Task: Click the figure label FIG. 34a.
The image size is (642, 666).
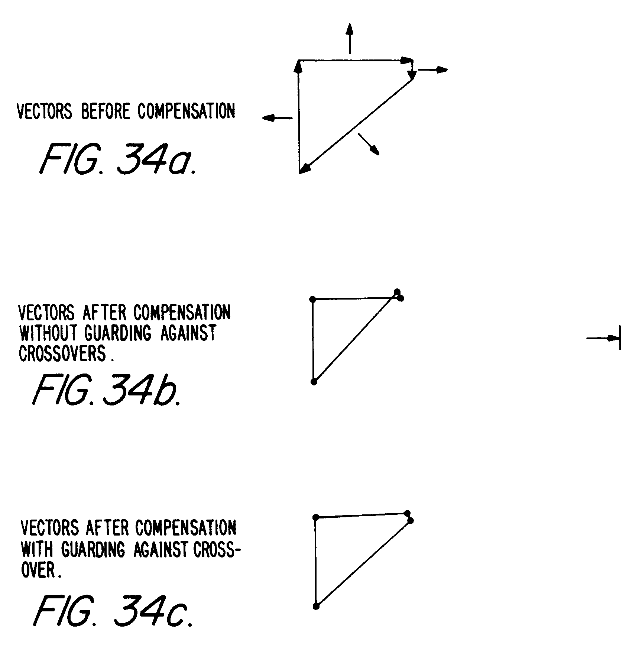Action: pyautogui.click(x=117, y=160)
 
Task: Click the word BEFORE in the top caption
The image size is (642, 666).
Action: pyautogui.click(x=106, y=111)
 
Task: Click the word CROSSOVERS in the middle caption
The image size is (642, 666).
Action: pyautogui.click(x=62, y=353)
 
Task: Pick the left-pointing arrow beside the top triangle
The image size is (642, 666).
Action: pyautogui.click(x=277, y=118)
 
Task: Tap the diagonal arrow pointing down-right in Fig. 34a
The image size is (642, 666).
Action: pyautogui.click(x=369, y=144)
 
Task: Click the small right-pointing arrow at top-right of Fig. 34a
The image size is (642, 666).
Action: pyautogui.click(x=433, y=69)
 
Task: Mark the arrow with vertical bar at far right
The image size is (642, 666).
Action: pyautogui.click(x=604, y=338)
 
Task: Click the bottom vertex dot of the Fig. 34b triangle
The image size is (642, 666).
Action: pyautogui.click(x=314, y=382)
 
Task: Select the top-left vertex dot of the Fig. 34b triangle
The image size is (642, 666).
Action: pyautogui.click(x=312, y=299)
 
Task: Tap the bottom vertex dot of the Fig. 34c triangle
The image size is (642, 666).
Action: pyautogui.click(x=316, y=606)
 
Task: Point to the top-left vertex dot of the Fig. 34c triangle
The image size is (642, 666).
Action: pyautogui.click(x=316, y=517)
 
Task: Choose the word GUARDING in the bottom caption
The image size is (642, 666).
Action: pyautogui.click(x=93, y=550)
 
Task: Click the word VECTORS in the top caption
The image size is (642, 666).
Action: pyautogui.click(x=45, y=111)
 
